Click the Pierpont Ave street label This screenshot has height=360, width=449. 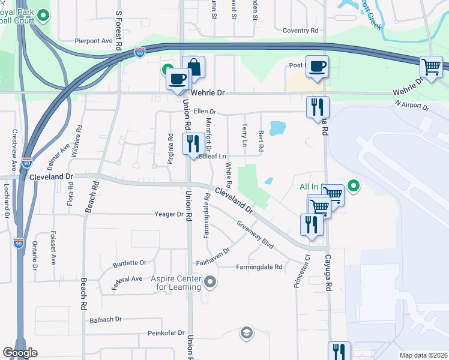[x=94, y=41]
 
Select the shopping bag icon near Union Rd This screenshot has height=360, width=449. [x=194, y=67]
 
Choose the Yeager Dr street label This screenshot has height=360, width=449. [x=168, y=214]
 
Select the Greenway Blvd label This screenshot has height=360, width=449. [x=255, y=235]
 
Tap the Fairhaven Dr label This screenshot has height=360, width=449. [x=213, y=257]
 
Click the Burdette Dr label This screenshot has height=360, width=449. [x=130, y=263]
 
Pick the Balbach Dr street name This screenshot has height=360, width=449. [x=106, y=319]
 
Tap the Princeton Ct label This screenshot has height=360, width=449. [x=301, y=273]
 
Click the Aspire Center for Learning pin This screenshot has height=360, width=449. [x=209, y=281]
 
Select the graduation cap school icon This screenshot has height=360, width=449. [x=246, y=332]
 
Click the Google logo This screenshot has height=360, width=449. [x=20, y=353]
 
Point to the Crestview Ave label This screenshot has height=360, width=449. [x=13, y=149]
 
